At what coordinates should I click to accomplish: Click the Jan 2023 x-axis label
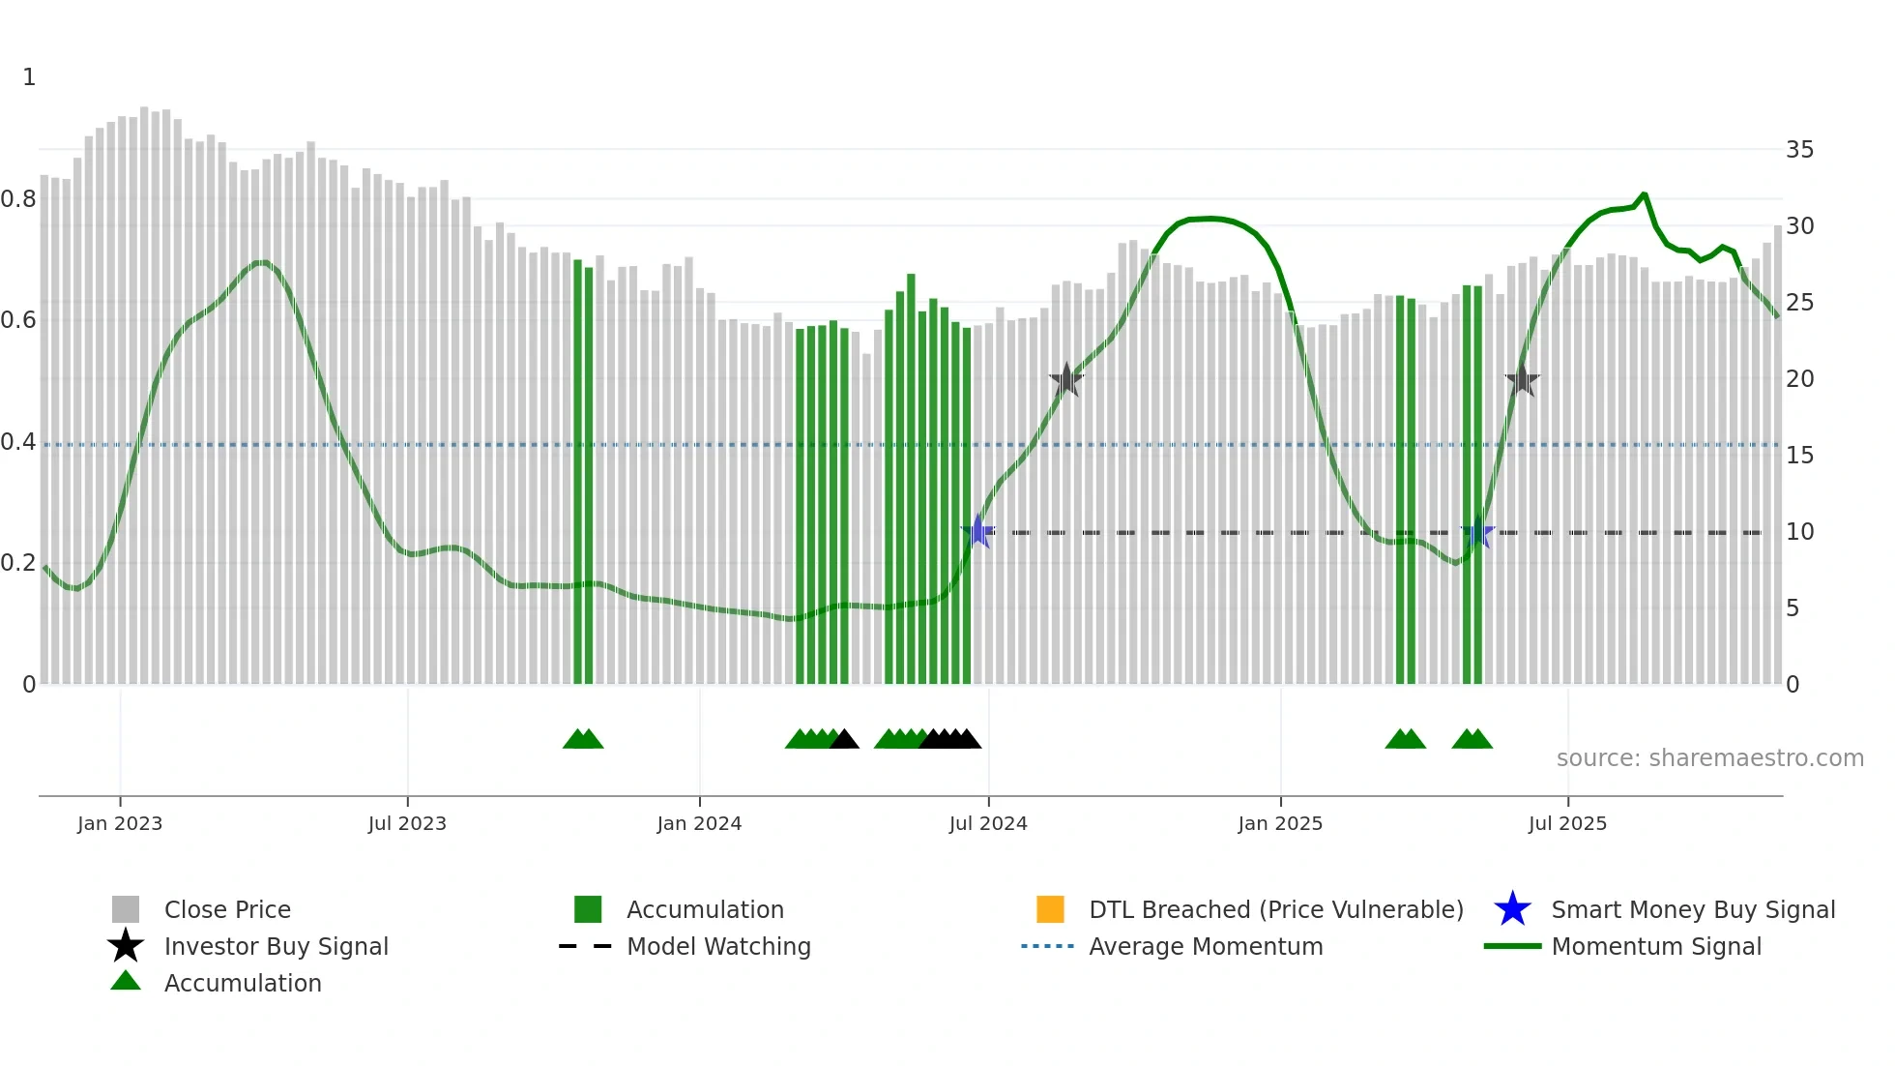(x=120, y=823)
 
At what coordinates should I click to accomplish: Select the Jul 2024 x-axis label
(x=988, y=823)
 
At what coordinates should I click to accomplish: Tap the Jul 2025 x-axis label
(x=1567, y=823)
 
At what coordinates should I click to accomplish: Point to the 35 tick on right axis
(x=1799, y=150)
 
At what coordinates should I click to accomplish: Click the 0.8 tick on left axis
(x=18, y=199)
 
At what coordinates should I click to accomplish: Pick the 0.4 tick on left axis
(x=18, y=442)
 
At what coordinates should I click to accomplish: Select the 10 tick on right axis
(x=1799, y=532)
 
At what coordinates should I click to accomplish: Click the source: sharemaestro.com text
(x=1709, y=758)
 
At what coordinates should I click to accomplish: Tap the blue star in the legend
(x=1512, y=909)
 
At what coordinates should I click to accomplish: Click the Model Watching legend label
(x=718, y=946)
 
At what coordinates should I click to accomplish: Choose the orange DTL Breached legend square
(x=1050, y=909)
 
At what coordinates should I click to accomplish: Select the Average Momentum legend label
(x=1206, y=946)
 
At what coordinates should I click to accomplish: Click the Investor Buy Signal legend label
(x=277, y=946)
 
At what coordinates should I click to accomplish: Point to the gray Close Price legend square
(x=126, y=909)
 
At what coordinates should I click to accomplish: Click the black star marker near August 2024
(x=1066, y=379)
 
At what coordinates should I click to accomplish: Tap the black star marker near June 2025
(x=1522, y=379)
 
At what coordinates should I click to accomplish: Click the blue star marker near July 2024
(x=978, y=531)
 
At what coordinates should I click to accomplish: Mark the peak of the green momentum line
(x=1644, y=194)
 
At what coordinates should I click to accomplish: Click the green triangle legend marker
(x=126, y=981)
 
